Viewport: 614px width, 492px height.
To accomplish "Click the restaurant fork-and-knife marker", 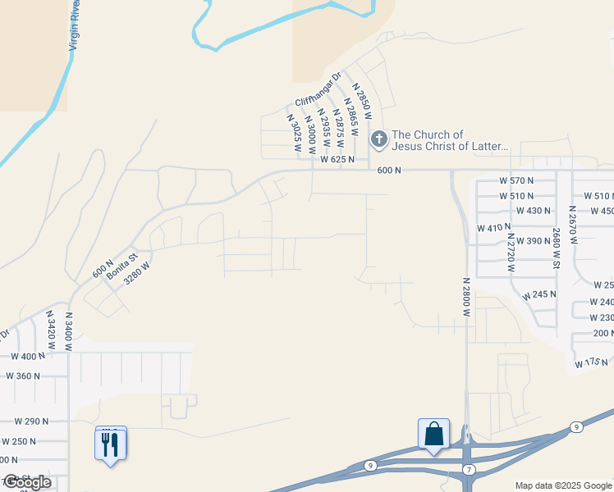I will click(111, 444).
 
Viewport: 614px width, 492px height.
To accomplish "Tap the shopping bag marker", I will click(433, 434).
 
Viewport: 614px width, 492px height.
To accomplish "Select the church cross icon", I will click(378, 139).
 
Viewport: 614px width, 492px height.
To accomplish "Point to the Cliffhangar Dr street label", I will click(318, 90).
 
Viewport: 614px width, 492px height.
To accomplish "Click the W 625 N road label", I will click(337, 159).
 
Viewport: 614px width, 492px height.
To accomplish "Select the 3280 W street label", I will click(137, 272).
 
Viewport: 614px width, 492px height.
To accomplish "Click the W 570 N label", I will click(516, 180).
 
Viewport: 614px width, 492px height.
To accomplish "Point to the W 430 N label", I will click(533, 211).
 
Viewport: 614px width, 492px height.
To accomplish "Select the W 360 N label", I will click(23, 376).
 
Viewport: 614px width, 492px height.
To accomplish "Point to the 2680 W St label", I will click(557, 248).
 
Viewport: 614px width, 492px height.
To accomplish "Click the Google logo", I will click(27, 482).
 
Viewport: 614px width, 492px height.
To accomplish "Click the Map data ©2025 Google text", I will click(563, 485).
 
